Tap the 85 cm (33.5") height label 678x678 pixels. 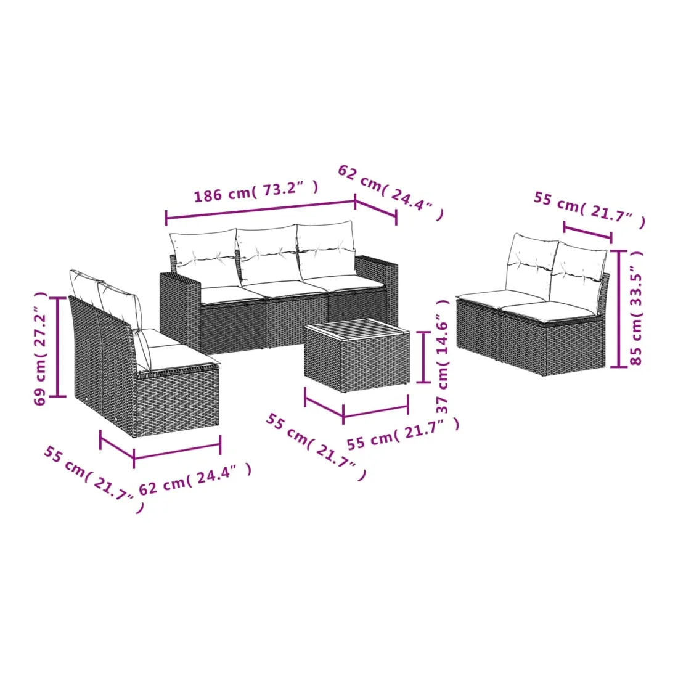637,308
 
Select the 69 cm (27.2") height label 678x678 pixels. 40,348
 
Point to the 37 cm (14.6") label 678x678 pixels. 443,357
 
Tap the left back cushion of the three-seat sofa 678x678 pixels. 203,259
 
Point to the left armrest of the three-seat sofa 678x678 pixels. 180,306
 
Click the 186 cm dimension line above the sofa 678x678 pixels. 260,210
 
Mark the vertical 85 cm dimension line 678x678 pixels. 619,309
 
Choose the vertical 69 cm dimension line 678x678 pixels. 57,347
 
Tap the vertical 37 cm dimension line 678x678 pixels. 423,357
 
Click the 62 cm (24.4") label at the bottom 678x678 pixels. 195,479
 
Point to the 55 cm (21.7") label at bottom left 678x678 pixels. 94,480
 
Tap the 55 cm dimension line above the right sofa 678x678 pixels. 587,231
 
